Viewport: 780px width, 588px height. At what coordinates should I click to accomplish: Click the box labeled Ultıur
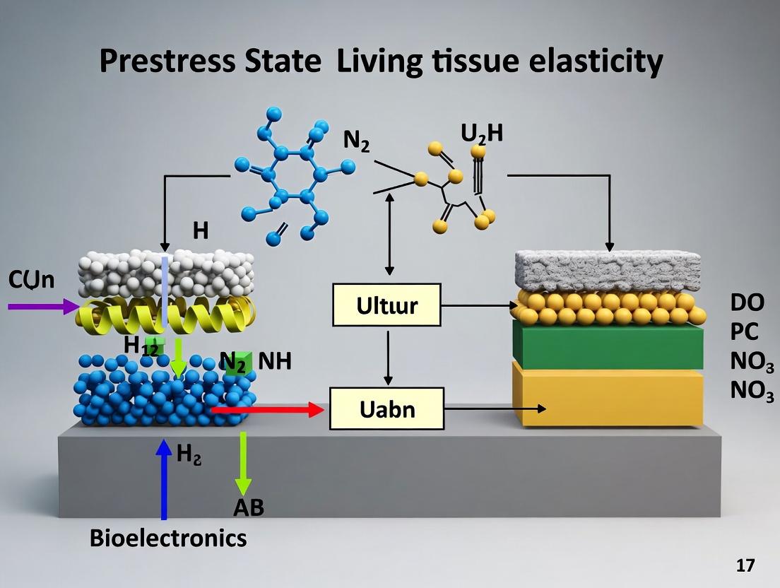[x=386, y=305]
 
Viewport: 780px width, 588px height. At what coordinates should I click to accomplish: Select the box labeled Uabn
[x=386, y=408]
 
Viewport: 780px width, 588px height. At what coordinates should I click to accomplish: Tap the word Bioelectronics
[x=168, y=538]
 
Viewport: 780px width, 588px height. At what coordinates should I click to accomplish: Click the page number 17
[x=745, y=565]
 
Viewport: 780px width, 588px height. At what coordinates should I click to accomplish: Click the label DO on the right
[x=747, y=302]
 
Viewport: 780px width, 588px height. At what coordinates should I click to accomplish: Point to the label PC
[x=744, y=331]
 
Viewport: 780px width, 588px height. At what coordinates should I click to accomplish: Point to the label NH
[x=275, y=361]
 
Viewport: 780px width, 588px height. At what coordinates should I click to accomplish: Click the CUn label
[x=31, y=279]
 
